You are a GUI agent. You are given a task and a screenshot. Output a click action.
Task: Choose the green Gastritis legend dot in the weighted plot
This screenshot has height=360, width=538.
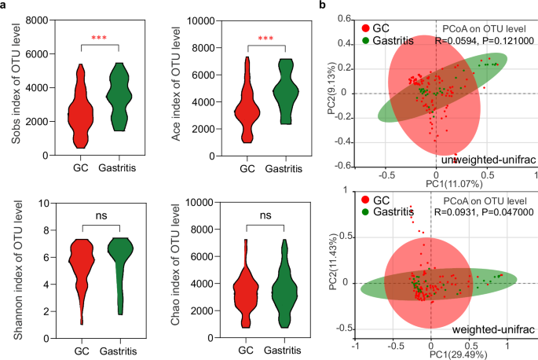pos(368,213)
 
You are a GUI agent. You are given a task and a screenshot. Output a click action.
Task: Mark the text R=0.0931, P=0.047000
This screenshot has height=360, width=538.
pos(482,213)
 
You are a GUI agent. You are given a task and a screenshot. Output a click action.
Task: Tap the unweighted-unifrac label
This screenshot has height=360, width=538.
pos(488,160)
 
